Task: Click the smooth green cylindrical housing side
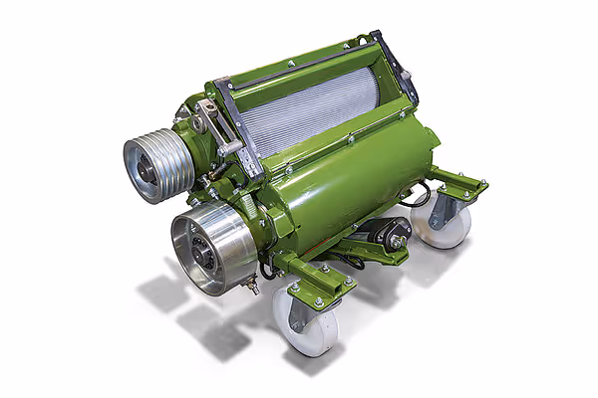tap(339, 189)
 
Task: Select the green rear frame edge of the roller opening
tap(299, 60)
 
